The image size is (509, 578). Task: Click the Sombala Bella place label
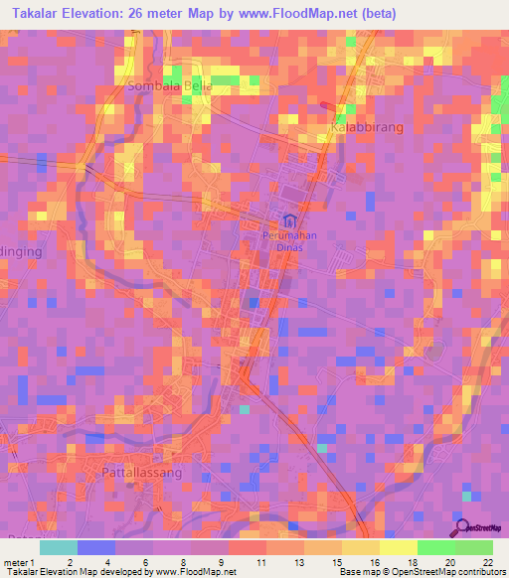tap(170, 86)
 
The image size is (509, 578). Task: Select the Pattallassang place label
tap(142, 474)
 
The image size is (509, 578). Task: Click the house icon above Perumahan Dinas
tap(289, 219)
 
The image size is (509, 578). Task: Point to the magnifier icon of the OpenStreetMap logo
tap(461, 528)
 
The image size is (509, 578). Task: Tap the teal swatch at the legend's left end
tap(58, 547)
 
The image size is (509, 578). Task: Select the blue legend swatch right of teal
tap(95, 547)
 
